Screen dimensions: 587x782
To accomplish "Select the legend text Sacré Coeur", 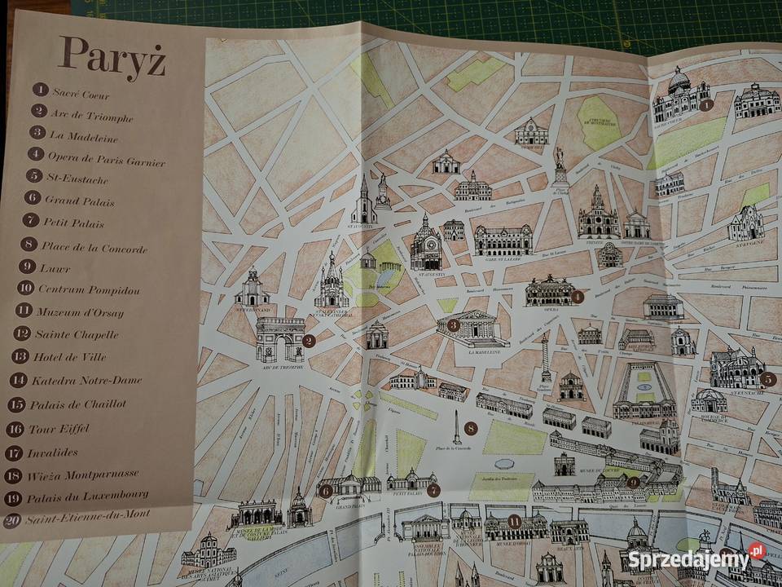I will (x=81, y=93).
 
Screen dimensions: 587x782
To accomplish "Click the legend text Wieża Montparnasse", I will (x=82, y=474).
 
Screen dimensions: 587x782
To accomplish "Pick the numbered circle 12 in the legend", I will (x=22, y=333).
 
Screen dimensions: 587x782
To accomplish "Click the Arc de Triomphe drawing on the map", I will (x=279, y=338).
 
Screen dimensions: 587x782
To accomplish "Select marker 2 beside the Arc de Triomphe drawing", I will (x=309, y=341).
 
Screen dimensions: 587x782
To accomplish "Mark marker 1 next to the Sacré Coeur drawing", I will (x=705, y=104).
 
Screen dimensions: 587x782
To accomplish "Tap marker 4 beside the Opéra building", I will (x=578, y=298).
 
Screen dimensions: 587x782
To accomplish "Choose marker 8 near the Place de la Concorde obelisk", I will (x=469, y=426).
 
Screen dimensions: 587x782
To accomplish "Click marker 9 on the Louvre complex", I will (x=633, y=482).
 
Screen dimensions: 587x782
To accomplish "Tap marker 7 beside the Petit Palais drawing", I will (x=433, y=490).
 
